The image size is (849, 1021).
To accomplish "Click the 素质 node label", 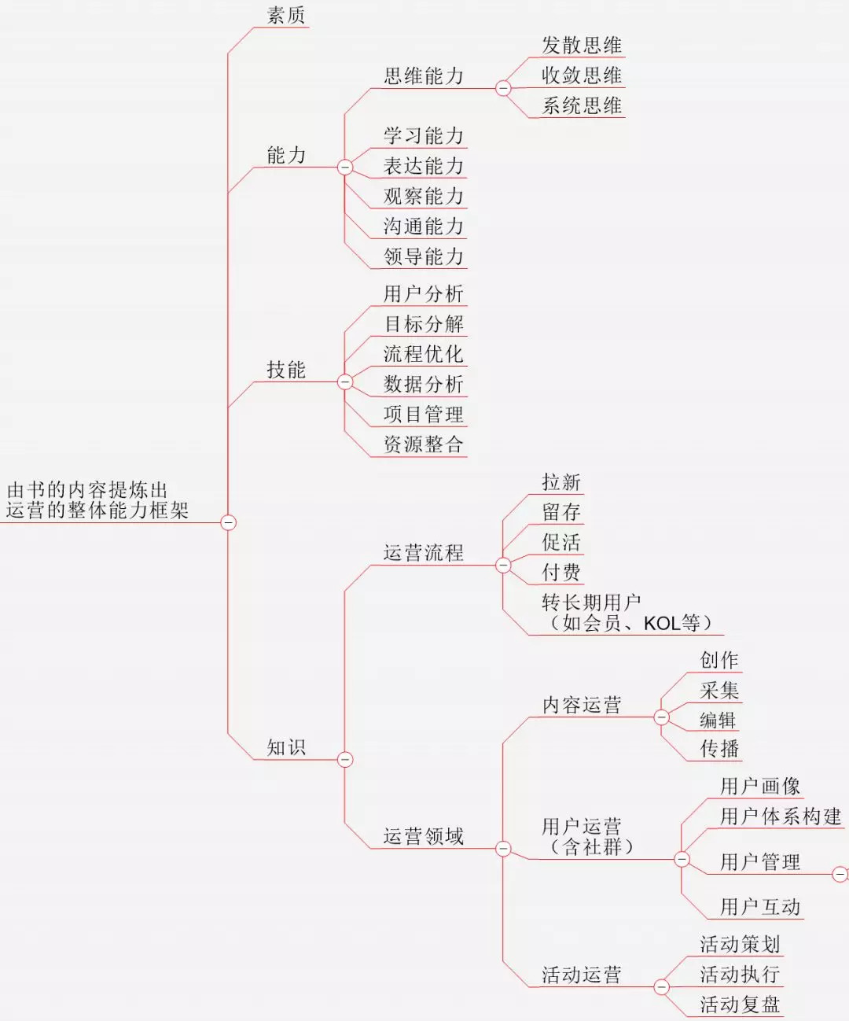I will [x=286, y=16].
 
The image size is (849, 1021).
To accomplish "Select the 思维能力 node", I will [x=424, y=76].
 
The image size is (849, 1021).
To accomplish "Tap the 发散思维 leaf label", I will [x=582, y=46].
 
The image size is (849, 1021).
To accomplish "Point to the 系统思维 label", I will [x=582, y=106].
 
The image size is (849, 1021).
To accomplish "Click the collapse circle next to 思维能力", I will [x=503, y=89].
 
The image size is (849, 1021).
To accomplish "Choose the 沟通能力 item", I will [x=424, y=227].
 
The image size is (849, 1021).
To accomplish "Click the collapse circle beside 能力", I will [x=345, y=167].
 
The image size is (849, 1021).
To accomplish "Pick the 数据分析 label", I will [x=424, y=384].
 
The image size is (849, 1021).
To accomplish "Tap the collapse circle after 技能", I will [x=345, y=382].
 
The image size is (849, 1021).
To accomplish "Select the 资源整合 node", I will [x=424, y=444].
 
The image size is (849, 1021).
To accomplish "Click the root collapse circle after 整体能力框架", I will [x=228, y=522].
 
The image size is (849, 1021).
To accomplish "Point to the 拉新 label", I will [x=561, y=482].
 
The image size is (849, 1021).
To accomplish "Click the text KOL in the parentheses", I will [x=661, y=624].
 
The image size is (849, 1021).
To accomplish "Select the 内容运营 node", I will [x=582, y=706].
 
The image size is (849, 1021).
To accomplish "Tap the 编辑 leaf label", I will [x=719, y=721].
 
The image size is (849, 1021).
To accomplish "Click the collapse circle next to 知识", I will [x=345, y=760].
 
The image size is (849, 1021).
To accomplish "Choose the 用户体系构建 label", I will [x=781, y=816].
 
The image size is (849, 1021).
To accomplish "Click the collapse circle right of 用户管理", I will [x=840, y=874].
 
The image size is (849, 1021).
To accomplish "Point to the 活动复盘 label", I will [x=740, y=1004].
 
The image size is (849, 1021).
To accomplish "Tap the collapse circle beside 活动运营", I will [x=662, y=987].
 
